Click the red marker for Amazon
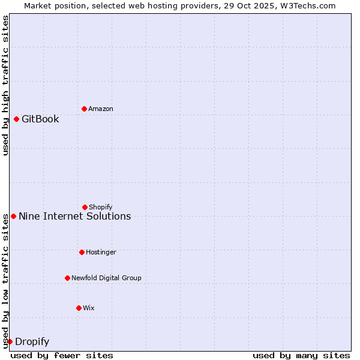coord(84,109)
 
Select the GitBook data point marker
coord(16,119)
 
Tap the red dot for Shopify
coord(85,207)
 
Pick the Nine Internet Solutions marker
coord(13,216)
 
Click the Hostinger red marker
coord(82,252)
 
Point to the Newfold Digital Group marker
coord(67,278)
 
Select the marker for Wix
coord(79,308)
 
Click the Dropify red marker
coord(10,341)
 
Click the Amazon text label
coord(101,109)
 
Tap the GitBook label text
coord(40,119)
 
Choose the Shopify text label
coord(101,207)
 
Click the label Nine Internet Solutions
coord(74,216)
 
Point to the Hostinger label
coord(101,252)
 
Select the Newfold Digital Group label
coord(106,278)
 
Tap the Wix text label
coord(89,308)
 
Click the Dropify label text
coord(32,341)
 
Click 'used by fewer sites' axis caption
coord(62,355)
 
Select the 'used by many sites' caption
coord(301,355)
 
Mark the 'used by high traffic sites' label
coord(5,85)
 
